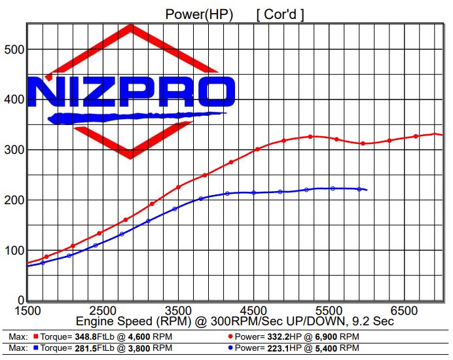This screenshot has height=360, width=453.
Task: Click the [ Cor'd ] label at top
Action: (280, 13)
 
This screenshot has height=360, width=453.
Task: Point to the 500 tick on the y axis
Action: (13, 50)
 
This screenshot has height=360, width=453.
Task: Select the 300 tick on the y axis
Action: (13, 150)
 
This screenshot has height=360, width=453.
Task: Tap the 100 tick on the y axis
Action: (13, 251)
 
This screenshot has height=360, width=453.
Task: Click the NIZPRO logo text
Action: (131, 92)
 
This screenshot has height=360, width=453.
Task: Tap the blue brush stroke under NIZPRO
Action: (131, 118)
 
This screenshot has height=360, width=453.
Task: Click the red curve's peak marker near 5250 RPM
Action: (311, 136)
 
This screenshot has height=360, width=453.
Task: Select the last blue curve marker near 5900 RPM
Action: (359, 189)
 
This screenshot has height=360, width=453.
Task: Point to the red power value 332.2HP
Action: (278, 336)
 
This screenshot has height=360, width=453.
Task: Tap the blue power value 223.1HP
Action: (278, 348)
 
